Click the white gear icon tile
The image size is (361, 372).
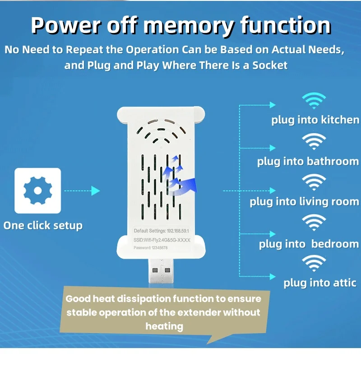(x=37, y=191)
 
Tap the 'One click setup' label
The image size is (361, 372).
(x=43, y=225)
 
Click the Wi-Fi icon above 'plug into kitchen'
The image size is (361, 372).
(x=314, y=102)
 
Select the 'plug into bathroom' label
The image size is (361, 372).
(x=308, y=161)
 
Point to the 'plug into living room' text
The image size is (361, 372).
(x=304, y=201)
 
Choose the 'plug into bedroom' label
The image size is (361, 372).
(x=309, y=244)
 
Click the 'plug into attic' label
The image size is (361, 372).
(x=319, y=283)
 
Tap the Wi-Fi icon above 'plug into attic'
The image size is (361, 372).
(x=314, y=264)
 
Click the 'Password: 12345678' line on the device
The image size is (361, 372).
(x=151, y=247)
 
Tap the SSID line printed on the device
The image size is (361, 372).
(x=162, y=240)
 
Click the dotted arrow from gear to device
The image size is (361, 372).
(x=82, y=191)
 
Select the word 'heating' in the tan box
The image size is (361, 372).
(x=164, y=326)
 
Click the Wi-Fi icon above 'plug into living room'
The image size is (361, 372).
(x=314, y=182)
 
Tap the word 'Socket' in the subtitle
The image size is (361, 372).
(x=269, y=65)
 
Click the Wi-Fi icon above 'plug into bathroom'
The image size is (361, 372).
(x=314, y=142)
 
